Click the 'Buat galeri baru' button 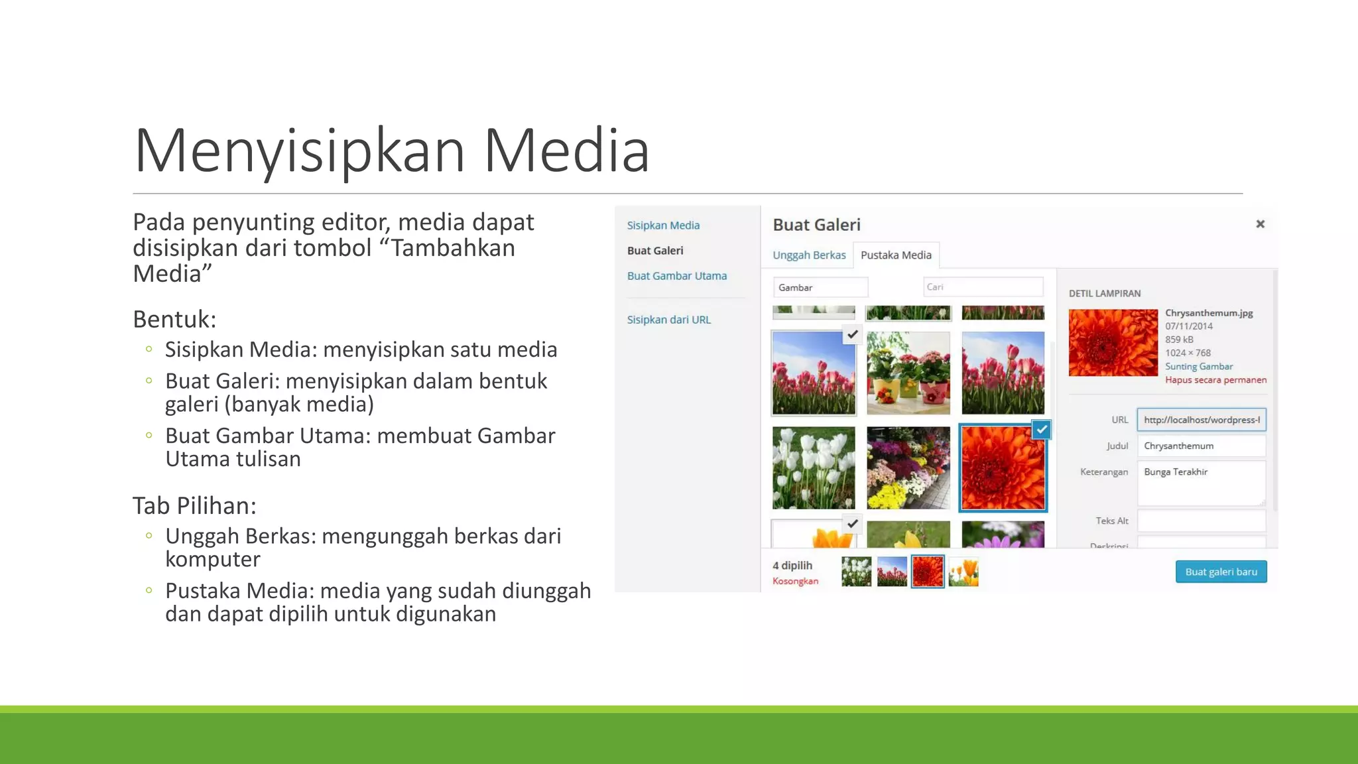(1221, 572)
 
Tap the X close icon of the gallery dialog (1260, 224)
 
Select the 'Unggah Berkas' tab (809, 255)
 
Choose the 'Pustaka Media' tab (896, 255)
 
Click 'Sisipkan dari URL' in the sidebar (668, 320)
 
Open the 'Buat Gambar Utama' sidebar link (676, 276)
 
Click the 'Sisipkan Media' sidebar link (663, 225)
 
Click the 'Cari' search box (983, 287)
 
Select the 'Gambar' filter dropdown (820, 287)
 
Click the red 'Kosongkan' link (795, 582)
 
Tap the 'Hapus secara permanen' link (1215, 380)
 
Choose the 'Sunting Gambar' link (1199, 367)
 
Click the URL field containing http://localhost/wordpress (1201, 420)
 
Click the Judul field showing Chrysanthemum (1201, 446)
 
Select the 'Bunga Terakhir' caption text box (1201, 483)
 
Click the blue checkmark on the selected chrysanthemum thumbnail (1042, 430)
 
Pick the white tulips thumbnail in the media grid (814, 468)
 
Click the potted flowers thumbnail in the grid (908, 373)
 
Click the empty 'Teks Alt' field (1201, 521)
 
